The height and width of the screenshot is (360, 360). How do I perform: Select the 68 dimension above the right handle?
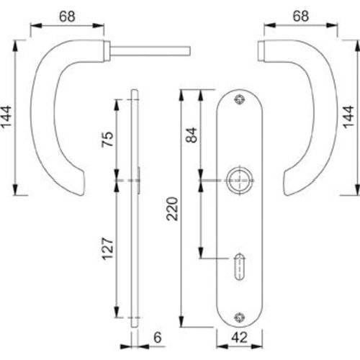pos(300,14)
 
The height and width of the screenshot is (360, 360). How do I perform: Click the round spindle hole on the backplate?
pos(238,180)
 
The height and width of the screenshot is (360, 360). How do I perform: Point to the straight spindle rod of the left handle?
pos(151,50)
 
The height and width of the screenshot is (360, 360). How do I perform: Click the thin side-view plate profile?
pos(135,209)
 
